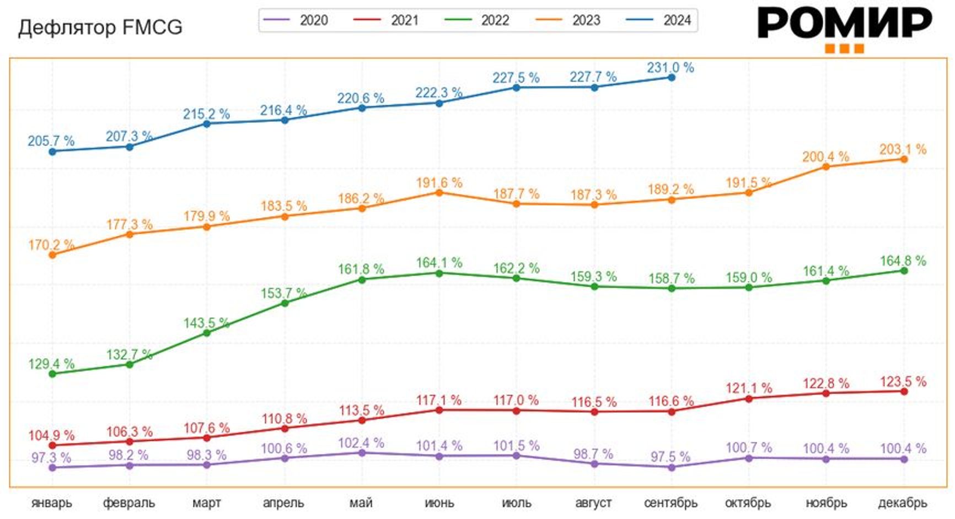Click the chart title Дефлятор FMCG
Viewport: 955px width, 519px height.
(100, 27)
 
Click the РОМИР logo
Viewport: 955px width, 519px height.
(844, 28)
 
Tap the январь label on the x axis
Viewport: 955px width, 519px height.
(52, 502)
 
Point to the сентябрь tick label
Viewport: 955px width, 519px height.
(670, 502)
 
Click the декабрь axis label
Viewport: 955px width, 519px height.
(903, 502)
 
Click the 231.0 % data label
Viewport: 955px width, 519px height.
(670, 68)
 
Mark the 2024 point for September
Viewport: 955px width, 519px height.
(672, 78)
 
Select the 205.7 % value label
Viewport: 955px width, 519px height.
(51, 141)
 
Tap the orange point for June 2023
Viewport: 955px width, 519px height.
(439, 193)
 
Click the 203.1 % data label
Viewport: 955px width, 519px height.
(903, 149)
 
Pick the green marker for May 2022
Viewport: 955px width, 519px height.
(362, 280)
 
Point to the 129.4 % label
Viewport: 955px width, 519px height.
(51, 364)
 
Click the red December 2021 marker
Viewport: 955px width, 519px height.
(904, 391)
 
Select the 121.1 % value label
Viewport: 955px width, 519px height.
(748, 388)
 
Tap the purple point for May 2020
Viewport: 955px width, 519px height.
(362, 453)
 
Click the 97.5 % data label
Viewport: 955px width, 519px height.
(670, 457)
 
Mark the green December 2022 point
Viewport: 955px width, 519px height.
(904, 271)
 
